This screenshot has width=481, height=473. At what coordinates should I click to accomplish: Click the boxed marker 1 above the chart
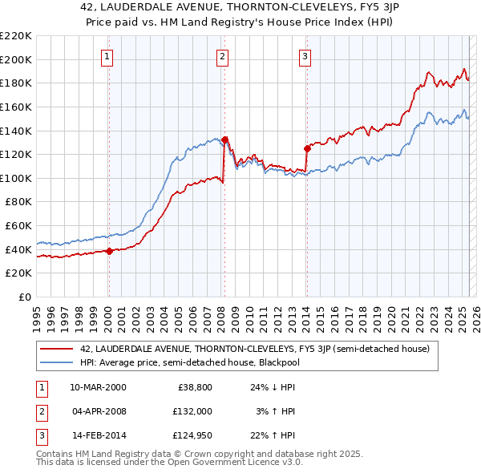[x=107, y=56]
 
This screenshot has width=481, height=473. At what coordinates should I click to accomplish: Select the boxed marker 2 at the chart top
[x=222, y=56]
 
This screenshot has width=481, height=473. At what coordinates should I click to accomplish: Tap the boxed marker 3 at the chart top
[x=305, y=56]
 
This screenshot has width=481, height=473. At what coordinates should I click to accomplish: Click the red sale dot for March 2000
[x=109, y=251]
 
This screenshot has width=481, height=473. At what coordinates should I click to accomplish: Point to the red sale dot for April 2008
[x=224, y=139]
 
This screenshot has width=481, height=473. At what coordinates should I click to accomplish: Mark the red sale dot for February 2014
[x=307, y=148]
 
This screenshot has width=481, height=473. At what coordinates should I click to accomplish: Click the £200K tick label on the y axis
[x=16, y=59]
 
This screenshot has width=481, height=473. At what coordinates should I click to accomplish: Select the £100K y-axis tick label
[x=16, y=178]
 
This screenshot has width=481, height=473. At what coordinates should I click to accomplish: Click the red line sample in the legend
[x=56, y=349]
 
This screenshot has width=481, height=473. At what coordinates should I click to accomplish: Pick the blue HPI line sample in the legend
[x=56, y=362]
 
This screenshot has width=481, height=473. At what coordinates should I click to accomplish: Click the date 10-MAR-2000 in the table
[x=98, y=386]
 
